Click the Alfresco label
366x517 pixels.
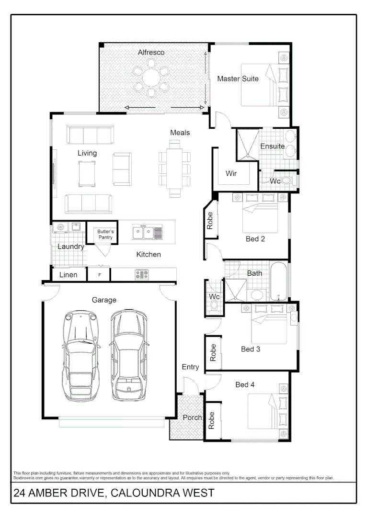coord(151,52)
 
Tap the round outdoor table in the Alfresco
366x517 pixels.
coord(151,79)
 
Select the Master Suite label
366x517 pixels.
coord(238,79)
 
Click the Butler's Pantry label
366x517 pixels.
coord(105,234)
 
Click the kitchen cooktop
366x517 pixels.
coord(142,275)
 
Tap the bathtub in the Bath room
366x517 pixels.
coord(278,281)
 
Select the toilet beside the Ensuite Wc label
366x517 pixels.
coord(287,181)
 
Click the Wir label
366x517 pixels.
coord(231,173)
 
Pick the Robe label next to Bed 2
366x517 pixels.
coord(210,221)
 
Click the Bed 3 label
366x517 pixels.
coord(250,349)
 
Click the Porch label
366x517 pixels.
coord(192,417)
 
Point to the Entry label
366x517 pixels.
coord(190,367)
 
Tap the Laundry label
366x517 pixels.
coord(71,247)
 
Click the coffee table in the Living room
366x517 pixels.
coord(87,173)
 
